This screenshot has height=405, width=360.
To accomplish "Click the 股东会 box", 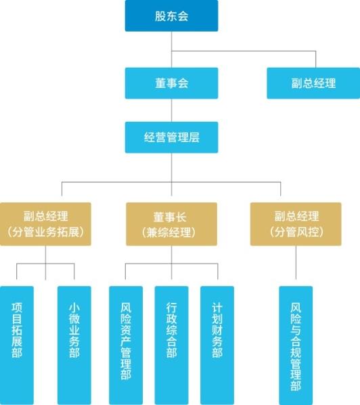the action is click(171, 16).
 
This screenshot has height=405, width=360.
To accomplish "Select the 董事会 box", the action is click(171, 83).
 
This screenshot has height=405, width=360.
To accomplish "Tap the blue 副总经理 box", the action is click(313, 83).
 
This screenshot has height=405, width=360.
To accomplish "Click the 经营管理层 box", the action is click(171, 137).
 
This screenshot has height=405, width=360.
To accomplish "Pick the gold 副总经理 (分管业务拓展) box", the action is click(45, 224).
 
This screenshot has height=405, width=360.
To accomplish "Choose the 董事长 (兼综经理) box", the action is click(171, 224).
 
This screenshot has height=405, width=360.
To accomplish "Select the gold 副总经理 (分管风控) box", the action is click(296, 224).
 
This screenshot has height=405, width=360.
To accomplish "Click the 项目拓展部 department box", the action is click(17, 346).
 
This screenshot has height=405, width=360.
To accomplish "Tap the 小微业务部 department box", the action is click(74, 346).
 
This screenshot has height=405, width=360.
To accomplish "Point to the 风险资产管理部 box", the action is click(126, 346).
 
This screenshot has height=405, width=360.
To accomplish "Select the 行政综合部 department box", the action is click(171, 346).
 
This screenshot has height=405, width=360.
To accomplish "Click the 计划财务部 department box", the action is click(217, 346).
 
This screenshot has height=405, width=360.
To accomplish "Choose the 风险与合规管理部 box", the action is click(296, 346).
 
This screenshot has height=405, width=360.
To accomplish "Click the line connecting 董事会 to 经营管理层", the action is click(171, 110).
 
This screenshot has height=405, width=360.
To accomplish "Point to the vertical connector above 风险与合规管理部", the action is click(296, 262).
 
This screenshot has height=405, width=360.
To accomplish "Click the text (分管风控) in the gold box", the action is click(296, 232).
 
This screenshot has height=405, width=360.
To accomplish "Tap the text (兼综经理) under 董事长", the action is click(168, 233).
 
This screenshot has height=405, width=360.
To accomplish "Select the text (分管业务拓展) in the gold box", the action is click(45, 232).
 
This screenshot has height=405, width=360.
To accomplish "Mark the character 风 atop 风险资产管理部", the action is click(126, 308).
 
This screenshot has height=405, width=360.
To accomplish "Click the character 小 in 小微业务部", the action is click(74, 308).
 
